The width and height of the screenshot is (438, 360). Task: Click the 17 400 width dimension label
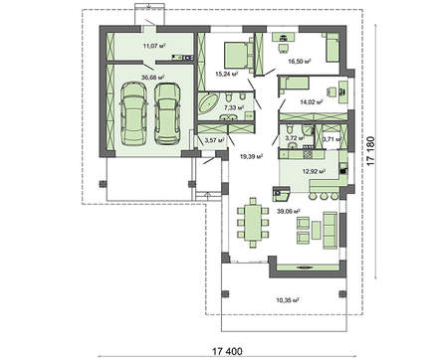click(227, 351)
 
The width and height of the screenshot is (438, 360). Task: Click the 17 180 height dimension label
click(370, 151)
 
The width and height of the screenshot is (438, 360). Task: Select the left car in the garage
click(132, 113)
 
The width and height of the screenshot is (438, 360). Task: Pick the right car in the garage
click(167, 113)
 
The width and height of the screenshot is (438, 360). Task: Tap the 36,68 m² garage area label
click(153, 78)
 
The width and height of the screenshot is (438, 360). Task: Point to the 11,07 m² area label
click(154, 46)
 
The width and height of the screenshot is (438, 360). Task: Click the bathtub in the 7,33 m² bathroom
click(208, 102)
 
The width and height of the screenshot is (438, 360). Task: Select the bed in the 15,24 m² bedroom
click(236, 55)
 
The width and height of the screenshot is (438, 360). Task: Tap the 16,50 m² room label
click(300, 62)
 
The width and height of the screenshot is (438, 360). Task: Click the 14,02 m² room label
click(312, 102)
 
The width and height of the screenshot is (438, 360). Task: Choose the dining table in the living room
click(253, 222)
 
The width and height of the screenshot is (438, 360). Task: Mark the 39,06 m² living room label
click(289, 211)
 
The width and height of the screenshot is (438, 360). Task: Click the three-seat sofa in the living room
click(330, 231)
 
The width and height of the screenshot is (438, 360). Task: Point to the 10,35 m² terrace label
click(288, 300)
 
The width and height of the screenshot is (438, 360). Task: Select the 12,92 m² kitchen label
click(314, 171)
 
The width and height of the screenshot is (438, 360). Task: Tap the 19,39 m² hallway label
click(251, 156)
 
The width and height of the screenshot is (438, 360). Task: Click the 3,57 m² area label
click(214, 140)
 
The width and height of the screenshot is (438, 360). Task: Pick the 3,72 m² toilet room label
click(295, 137)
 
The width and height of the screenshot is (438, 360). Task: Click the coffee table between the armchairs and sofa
click(317, 231)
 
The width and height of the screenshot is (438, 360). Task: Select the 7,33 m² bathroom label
click(234, 107)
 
